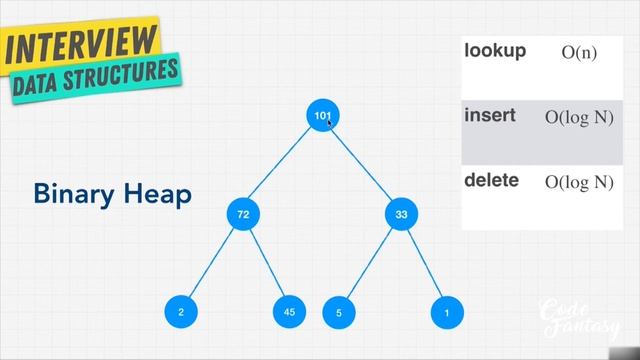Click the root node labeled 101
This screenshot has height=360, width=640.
pos(322,116)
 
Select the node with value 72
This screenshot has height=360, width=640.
pos(242,214)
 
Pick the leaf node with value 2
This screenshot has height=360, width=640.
pos(181,313)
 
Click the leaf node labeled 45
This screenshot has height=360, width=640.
pos(289,313)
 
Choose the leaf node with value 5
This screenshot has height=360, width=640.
pos(339,313)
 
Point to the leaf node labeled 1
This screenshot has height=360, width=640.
pos(446,313)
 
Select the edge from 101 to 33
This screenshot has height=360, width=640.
pos(361,165)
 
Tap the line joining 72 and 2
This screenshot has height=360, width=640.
pos(211,264)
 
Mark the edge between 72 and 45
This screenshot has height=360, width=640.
pos(266,264)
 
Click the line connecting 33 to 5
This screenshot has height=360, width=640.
pos(369,264)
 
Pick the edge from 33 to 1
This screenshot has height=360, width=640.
pos(423,264)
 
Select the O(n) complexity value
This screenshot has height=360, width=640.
pos(579,52)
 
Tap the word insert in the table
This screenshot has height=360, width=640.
pos(490,115)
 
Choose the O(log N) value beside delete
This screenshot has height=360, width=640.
pos(578,182)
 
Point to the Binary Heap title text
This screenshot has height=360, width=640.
pos(112,193)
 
